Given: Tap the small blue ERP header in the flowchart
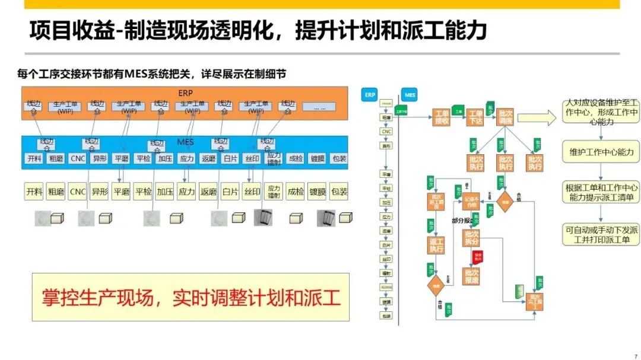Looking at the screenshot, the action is click(370, 94).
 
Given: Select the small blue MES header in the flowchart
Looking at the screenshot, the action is click(410, 94).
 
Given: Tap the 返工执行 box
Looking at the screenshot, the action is click(436, 245).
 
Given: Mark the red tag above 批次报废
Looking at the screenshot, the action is click(477, 257).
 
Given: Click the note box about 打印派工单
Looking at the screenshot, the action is click(601, 234).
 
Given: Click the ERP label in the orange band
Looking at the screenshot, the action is click(185, 94).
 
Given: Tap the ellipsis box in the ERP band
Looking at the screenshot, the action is click(319, 107).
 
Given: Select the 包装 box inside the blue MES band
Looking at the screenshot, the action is click(339, 159).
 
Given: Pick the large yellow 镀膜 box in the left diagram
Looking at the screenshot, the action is click(317, 192).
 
